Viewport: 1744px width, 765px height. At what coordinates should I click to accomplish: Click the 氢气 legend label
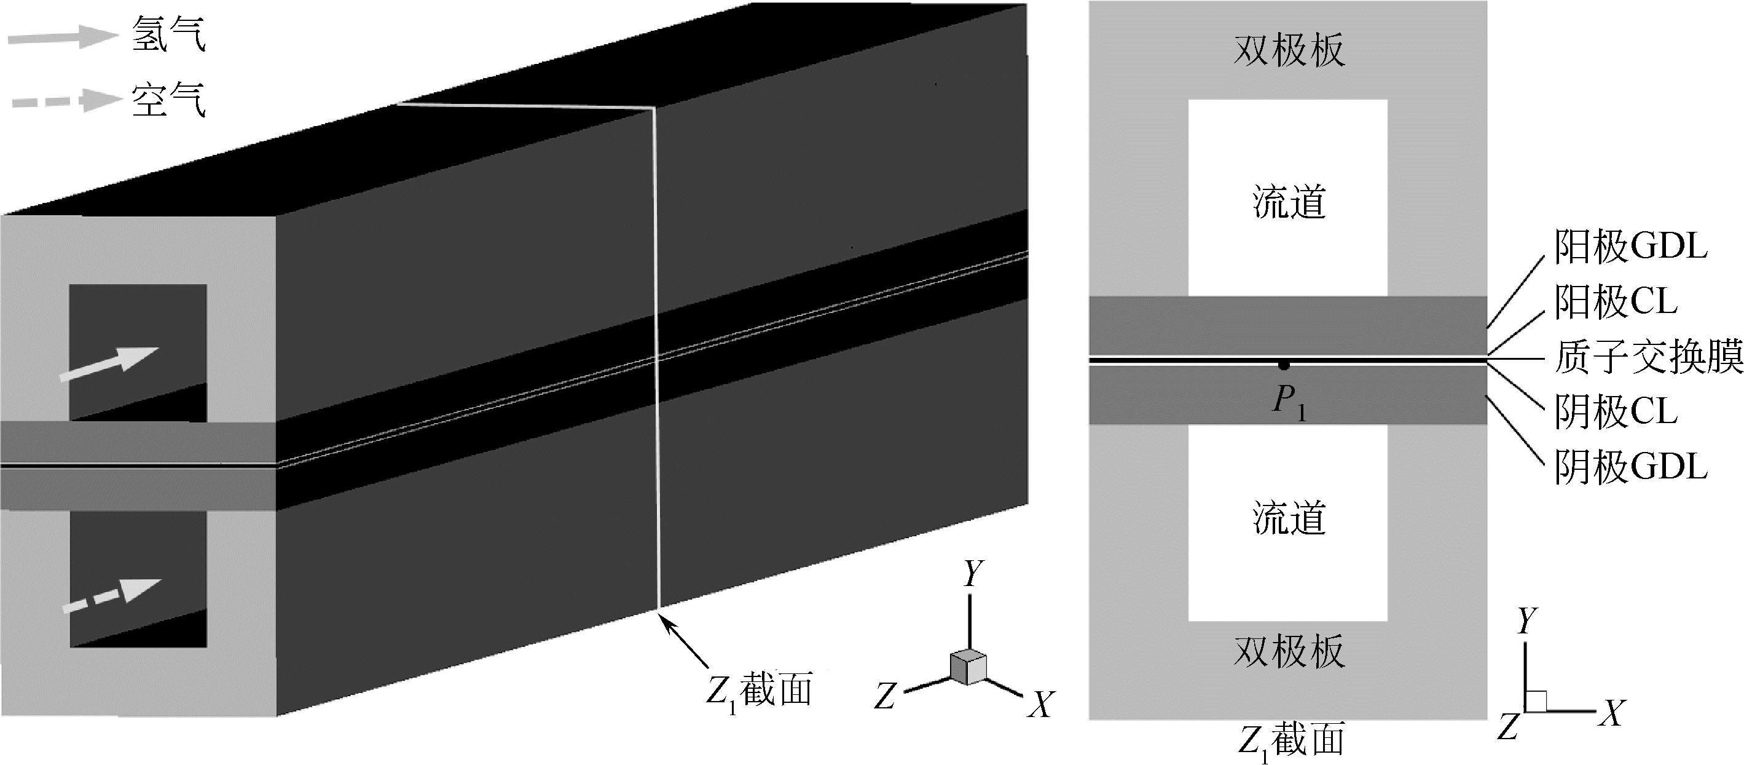tap(168, 34)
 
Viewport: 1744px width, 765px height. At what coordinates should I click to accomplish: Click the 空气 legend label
tap(168, 100)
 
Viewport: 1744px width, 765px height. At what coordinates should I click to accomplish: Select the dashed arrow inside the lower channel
tap(112, 596)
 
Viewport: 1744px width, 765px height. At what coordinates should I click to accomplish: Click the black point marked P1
tap(1283, 365)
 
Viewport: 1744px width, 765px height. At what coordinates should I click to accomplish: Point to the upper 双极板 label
tap(1289, 50)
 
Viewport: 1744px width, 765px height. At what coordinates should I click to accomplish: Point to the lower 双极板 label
tap(1289, 652)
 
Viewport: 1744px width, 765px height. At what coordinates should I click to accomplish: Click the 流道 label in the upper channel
tap(1289, 202)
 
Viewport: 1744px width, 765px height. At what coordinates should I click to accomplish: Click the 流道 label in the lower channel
tap(1289, 518)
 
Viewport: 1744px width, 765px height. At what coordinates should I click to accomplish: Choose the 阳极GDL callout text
tap(1630, 246)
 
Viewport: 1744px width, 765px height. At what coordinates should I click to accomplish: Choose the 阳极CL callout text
tap(1616, 301)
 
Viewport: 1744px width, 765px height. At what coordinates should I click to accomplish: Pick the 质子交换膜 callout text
tap(1648, 357)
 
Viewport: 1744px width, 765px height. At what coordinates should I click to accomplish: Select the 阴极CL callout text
tap(1616, 411)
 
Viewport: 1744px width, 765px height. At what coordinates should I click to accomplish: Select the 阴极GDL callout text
tap(1630, 467)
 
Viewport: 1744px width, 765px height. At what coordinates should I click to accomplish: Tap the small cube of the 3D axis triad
tap(968, 667)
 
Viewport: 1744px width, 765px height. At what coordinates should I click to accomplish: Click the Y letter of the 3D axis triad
tap(973, 574)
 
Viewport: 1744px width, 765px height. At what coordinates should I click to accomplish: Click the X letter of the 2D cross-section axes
tap(1613, 713)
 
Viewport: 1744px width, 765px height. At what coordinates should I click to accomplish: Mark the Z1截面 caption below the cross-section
tap(1290, 740)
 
